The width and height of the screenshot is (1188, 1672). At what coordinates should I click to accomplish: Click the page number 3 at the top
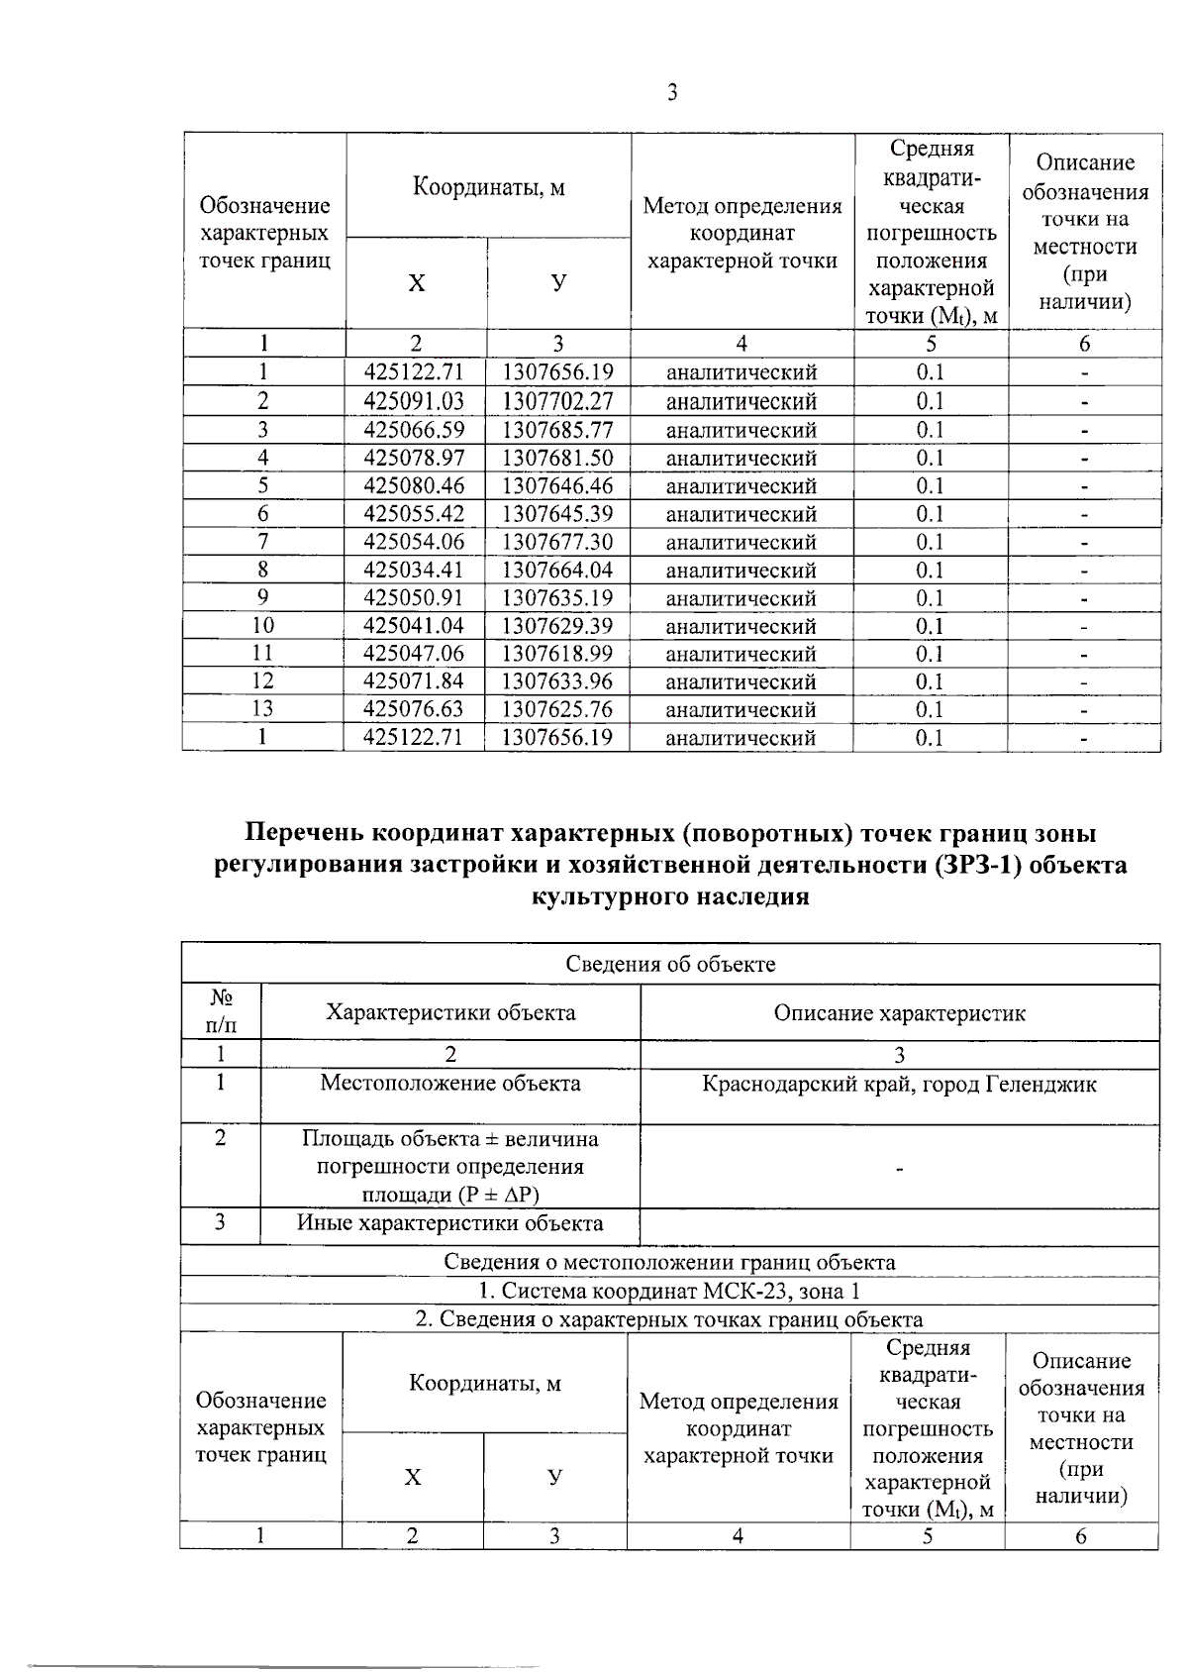(x=672, y=93)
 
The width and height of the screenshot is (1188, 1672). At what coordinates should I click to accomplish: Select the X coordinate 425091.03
(x=414, y=401)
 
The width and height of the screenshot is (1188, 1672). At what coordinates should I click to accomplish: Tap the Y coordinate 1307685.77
(x=557, y=430)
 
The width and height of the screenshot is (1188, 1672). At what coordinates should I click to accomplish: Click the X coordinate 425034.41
(x=414, y=570)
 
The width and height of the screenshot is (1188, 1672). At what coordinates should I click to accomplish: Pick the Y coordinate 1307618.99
(x=557, y=654)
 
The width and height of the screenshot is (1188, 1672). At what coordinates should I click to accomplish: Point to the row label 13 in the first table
(x=262, y=709)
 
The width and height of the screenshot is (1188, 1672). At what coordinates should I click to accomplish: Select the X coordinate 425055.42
(x=414, y=514)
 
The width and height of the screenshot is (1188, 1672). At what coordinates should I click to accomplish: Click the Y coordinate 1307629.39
(x=557, y=626)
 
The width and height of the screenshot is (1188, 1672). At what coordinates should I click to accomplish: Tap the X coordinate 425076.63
(x=414, y=709)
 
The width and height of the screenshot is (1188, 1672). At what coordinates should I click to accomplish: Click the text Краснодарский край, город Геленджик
(x=899, y=1084)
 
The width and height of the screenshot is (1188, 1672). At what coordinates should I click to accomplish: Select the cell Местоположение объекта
(x=450, y=1084)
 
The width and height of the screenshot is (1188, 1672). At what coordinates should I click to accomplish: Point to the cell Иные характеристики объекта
(x=450, y=1223)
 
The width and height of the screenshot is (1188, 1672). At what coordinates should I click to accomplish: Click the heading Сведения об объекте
(x=670, y=964)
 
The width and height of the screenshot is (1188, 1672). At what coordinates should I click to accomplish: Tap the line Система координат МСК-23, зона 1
(x=670, y=1291)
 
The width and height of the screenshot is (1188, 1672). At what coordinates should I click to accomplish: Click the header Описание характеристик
(x=899, y=1013)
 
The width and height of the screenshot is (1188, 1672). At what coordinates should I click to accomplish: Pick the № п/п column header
(x=221, y=1012)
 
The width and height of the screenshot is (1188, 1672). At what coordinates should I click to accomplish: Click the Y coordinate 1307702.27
(x=557, y=401)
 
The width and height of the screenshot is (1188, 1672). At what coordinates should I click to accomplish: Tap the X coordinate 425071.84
(x=414, y=681)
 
